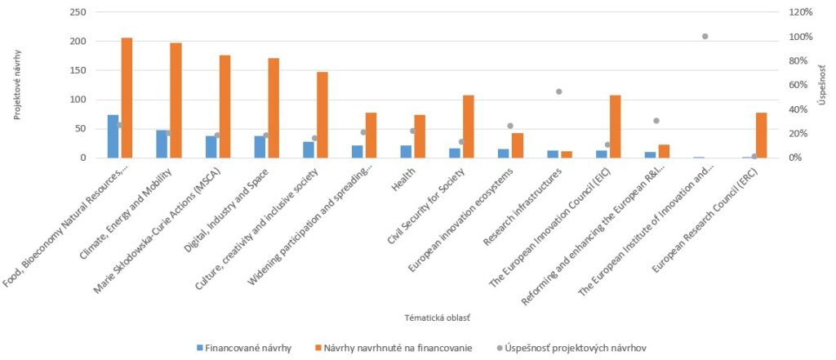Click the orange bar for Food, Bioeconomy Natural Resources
[x=127, y=98]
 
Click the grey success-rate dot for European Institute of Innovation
[x=705, y=36]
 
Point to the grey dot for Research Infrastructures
[x=558, y=91]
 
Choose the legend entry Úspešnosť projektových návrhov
[x=571, y=348]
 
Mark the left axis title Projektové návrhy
[x=17, y=85]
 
